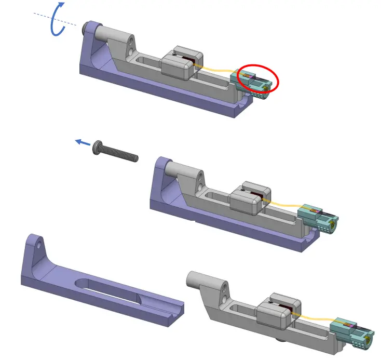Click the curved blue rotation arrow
click(56, 21)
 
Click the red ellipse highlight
click(258, 79)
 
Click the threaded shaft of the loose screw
click(122, 154)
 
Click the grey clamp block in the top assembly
click(177, 65)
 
